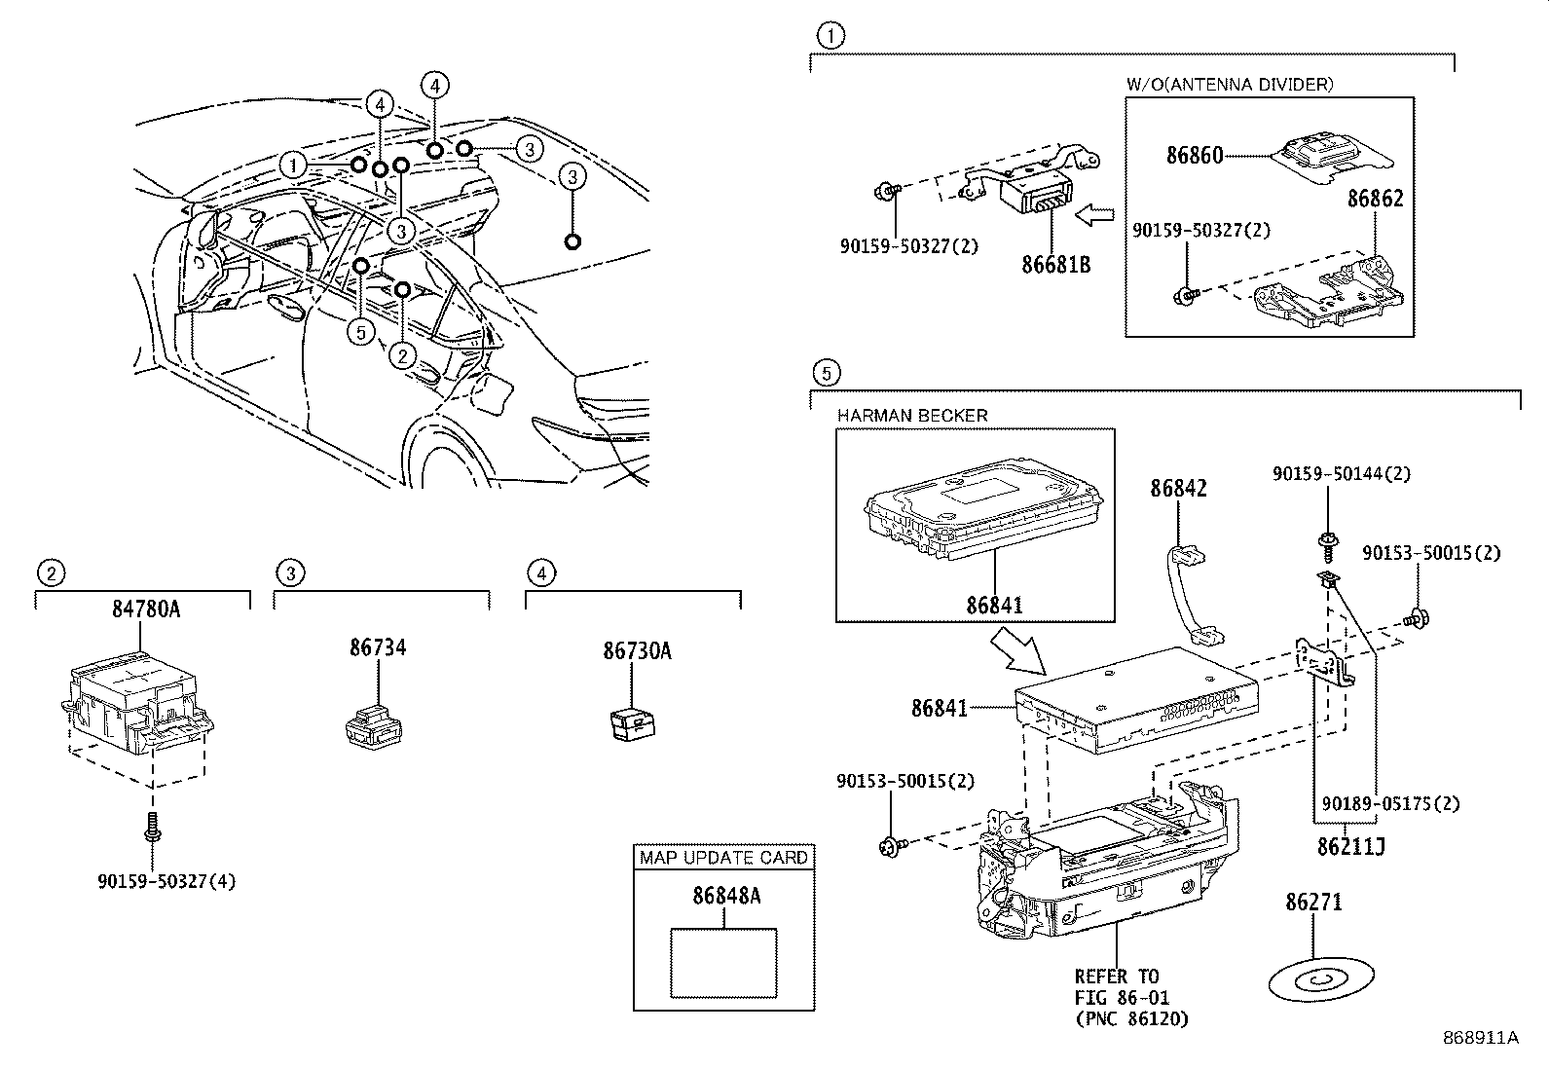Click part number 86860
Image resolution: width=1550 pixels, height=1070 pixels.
tap(1195, 154)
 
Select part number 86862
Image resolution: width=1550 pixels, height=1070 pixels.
tap(1375, 199)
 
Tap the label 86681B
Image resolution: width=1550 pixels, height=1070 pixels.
tap(1056, 263)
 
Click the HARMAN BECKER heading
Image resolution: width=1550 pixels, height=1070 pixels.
tap(912, 416)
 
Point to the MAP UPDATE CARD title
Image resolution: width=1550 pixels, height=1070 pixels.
tap(723, 858)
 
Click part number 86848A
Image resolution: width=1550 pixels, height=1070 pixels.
tap(726, 897)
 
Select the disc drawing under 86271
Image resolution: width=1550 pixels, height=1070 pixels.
tap(1321, 979)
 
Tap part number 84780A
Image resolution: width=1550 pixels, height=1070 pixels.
tap(146, 609)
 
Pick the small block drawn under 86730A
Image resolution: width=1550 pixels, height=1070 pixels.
tap(631, 726)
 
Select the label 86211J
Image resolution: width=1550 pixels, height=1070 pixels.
tap(1351, 846)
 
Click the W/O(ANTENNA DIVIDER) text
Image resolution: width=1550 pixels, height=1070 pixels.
tap(1230, 85)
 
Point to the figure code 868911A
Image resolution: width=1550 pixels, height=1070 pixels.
tap(1481, 1038)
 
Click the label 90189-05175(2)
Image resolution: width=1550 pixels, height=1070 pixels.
tap(1390, 804)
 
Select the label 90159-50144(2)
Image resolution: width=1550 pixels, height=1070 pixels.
tap(1341, 474)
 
